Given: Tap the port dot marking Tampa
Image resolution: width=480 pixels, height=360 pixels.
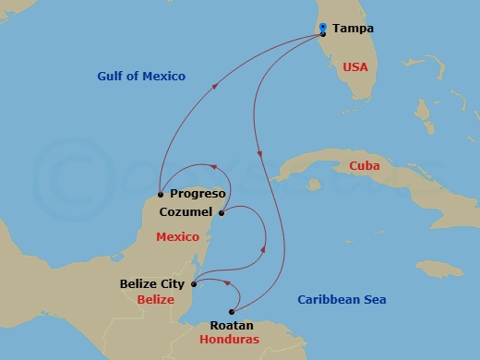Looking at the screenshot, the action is click(x=322, y=34).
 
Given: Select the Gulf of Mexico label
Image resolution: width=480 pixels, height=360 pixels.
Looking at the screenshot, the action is click(x=142, y=76).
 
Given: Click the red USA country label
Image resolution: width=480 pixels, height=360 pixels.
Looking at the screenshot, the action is click(x=355, y=67).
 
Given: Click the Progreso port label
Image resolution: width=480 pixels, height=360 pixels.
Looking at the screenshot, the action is click(x=198, y=194).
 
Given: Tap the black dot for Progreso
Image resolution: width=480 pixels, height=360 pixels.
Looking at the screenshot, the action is click(x=161, y=194).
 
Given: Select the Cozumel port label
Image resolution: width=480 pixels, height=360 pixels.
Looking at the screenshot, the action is click(x=186, y=211).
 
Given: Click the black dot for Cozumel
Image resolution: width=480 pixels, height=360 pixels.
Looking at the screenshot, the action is click(x=222, y=213).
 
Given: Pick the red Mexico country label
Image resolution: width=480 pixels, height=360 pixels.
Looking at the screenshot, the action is click(x=177, y=237).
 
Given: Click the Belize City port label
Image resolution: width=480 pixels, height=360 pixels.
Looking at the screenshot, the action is click(x=153, y=284).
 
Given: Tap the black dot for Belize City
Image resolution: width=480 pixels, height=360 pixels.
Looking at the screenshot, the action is click(x=193, y=284).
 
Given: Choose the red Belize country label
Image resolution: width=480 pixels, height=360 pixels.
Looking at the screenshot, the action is click(x=155, y=300).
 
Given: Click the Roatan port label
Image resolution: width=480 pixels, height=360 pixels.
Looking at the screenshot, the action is click(x=231, y=326).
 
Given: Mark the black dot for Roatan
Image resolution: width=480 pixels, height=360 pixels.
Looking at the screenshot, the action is click(x=231, y=311).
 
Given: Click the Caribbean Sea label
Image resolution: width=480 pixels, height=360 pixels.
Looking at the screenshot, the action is click(x=342, y=300).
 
